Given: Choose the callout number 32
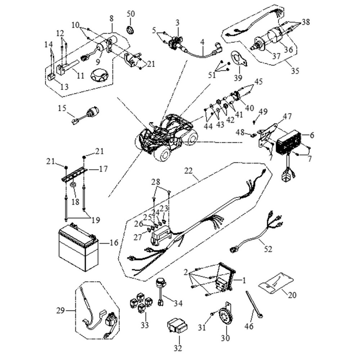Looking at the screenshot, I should click(x=178, y=348).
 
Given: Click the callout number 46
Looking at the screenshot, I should click(x=249, y=326).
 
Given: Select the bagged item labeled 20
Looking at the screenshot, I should click(x=276, y=283).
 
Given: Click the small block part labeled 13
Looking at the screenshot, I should click(x=51, y=76).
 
